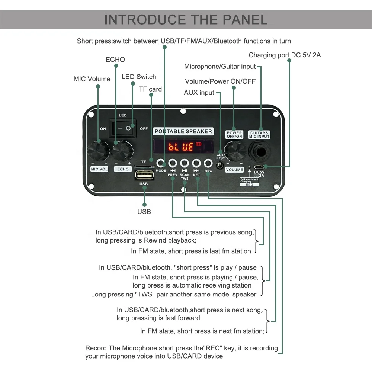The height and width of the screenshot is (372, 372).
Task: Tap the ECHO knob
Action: click(x=123, y=151)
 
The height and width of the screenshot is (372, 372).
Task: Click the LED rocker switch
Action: click(x=123, y=128)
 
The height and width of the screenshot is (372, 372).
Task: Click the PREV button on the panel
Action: click(x=173, y=163)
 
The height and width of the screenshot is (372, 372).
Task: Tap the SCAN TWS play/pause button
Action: click(x=185, y=163)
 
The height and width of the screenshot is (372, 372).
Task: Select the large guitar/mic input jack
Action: click(x=259, y=151)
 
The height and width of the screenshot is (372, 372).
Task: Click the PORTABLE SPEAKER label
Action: click(x=183, y=131)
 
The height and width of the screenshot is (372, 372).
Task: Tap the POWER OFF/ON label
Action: click(x=234, y=135)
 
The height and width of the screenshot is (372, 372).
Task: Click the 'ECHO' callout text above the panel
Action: click(x=115, y=60)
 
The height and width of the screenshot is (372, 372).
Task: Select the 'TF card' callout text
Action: click(x=150, y=89)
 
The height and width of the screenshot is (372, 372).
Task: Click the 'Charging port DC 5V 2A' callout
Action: click(x=285, y=55)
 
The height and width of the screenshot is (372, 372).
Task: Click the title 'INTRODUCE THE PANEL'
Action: click(x=186, y=19)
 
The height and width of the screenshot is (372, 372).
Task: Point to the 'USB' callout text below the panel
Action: click(x=144, y=211)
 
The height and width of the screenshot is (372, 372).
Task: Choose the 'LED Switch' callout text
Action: click(x=139, y=77)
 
